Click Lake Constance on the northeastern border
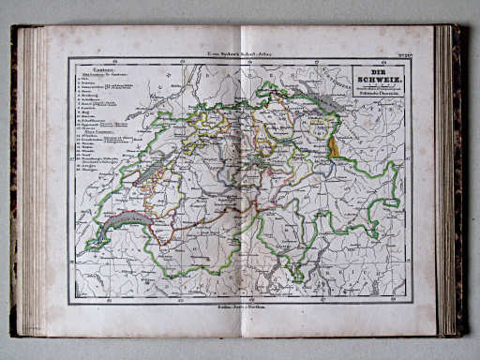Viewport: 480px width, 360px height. pos(318,97)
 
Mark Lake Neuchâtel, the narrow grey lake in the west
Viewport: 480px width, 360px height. pos(150,170)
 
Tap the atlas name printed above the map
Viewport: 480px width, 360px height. pos(239,55)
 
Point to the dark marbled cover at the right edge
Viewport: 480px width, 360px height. pos(460,178)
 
